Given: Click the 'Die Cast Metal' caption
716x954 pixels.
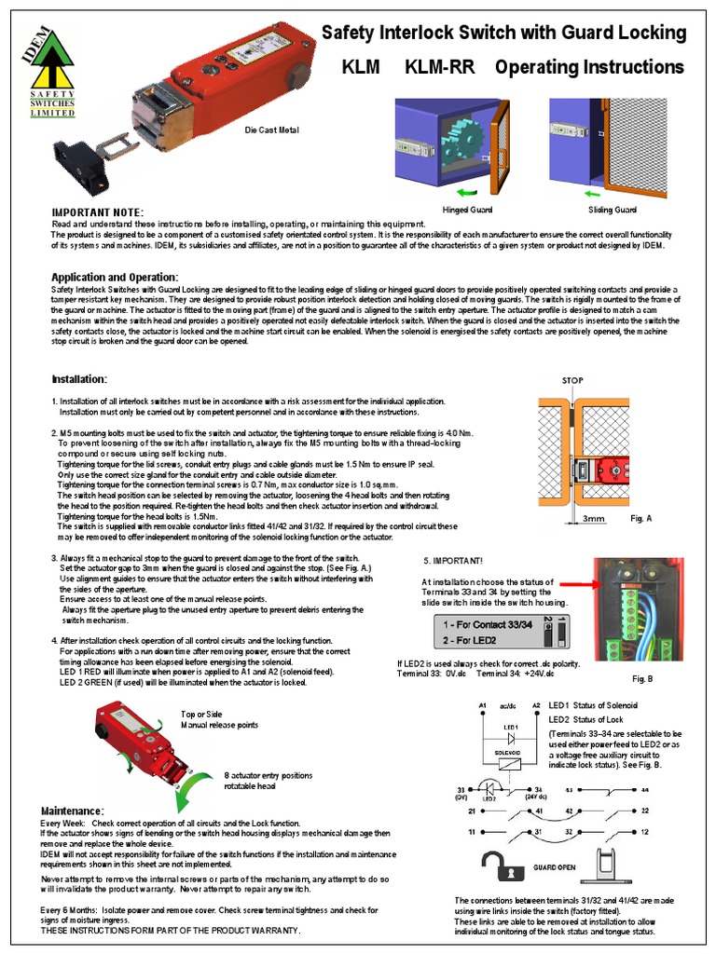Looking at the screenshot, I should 271,129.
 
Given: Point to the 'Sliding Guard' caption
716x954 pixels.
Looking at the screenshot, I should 613,211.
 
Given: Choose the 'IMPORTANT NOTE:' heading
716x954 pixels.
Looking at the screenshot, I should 98,213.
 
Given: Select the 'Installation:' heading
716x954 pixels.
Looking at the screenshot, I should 79,379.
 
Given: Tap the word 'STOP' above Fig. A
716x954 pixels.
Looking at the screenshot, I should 572,381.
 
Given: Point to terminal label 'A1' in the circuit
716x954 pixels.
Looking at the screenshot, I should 482,705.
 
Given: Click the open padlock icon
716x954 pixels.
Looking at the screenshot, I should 501,865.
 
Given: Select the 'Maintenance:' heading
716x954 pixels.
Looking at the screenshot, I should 72,811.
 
